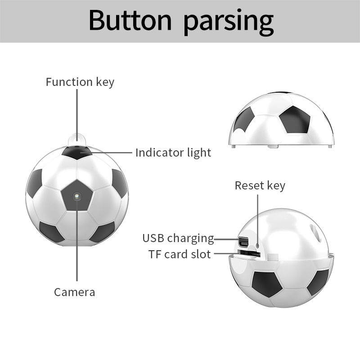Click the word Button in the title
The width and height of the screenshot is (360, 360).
pyautogui.click(x=130, y=20)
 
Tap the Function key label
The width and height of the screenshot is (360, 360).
pyautogui.click(x=80, y=82)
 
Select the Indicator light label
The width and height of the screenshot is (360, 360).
pyautogui.click(x=173, y=153)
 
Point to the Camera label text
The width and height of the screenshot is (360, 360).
pyautogui.click(x=74, y=292)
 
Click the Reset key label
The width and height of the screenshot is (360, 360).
pyautogui.click(x=260, y=185)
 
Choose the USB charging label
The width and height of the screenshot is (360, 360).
pyautogui.click(x=178, y=238)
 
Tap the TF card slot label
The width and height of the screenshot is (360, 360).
pyautogui.click(x=180, y=254)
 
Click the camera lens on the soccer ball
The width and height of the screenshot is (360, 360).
pyautogui.click(x=77, y=197)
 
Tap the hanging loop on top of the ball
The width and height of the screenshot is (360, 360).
pyautogui.click(x=77, y=139)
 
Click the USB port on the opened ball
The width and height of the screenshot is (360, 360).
pyautogui.click(x=243, y=242)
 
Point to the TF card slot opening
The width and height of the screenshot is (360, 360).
pyautogui.click(x=249, y=254)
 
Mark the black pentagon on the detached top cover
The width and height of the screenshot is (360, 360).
pyautogui.click(x=295, y=120)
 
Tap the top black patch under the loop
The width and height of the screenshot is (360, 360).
pyautogui.click(x=77, y=152)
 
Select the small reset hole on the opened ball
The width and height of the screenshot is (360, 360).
pyautogui.click(x=257, y=246)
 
